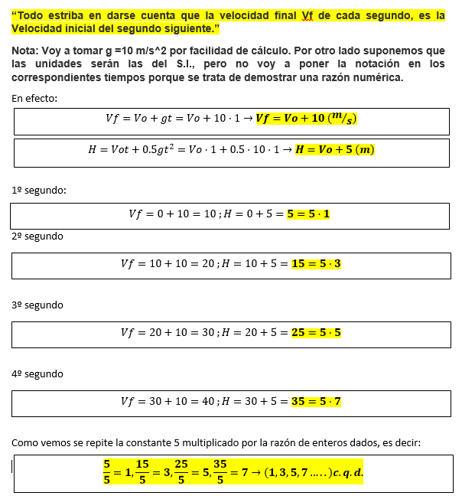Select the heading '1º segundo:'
tap(39, 191)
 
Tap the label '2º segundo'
tap(37, 236)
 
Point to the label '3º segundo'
tap(37, 305)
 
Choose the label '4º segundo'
tap(37, 373)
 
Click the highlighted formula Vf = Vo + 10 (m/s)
tap(307, 119)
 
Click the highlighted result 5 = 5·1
tap(308, 214)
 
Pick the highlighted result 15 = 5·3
tap(316, 264)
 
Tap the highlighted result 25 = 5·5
tap(316, 333)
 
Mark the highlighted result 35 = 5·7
tap(316, 401)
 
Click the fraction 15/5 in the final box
tap(142, 472)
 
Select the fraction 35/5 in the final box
tap(220, 472)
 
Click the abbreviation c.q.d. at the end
tap(348, 472)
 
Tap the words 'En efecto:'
tap(34, 99)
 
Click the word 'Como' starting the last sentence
tap(25, 442)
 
